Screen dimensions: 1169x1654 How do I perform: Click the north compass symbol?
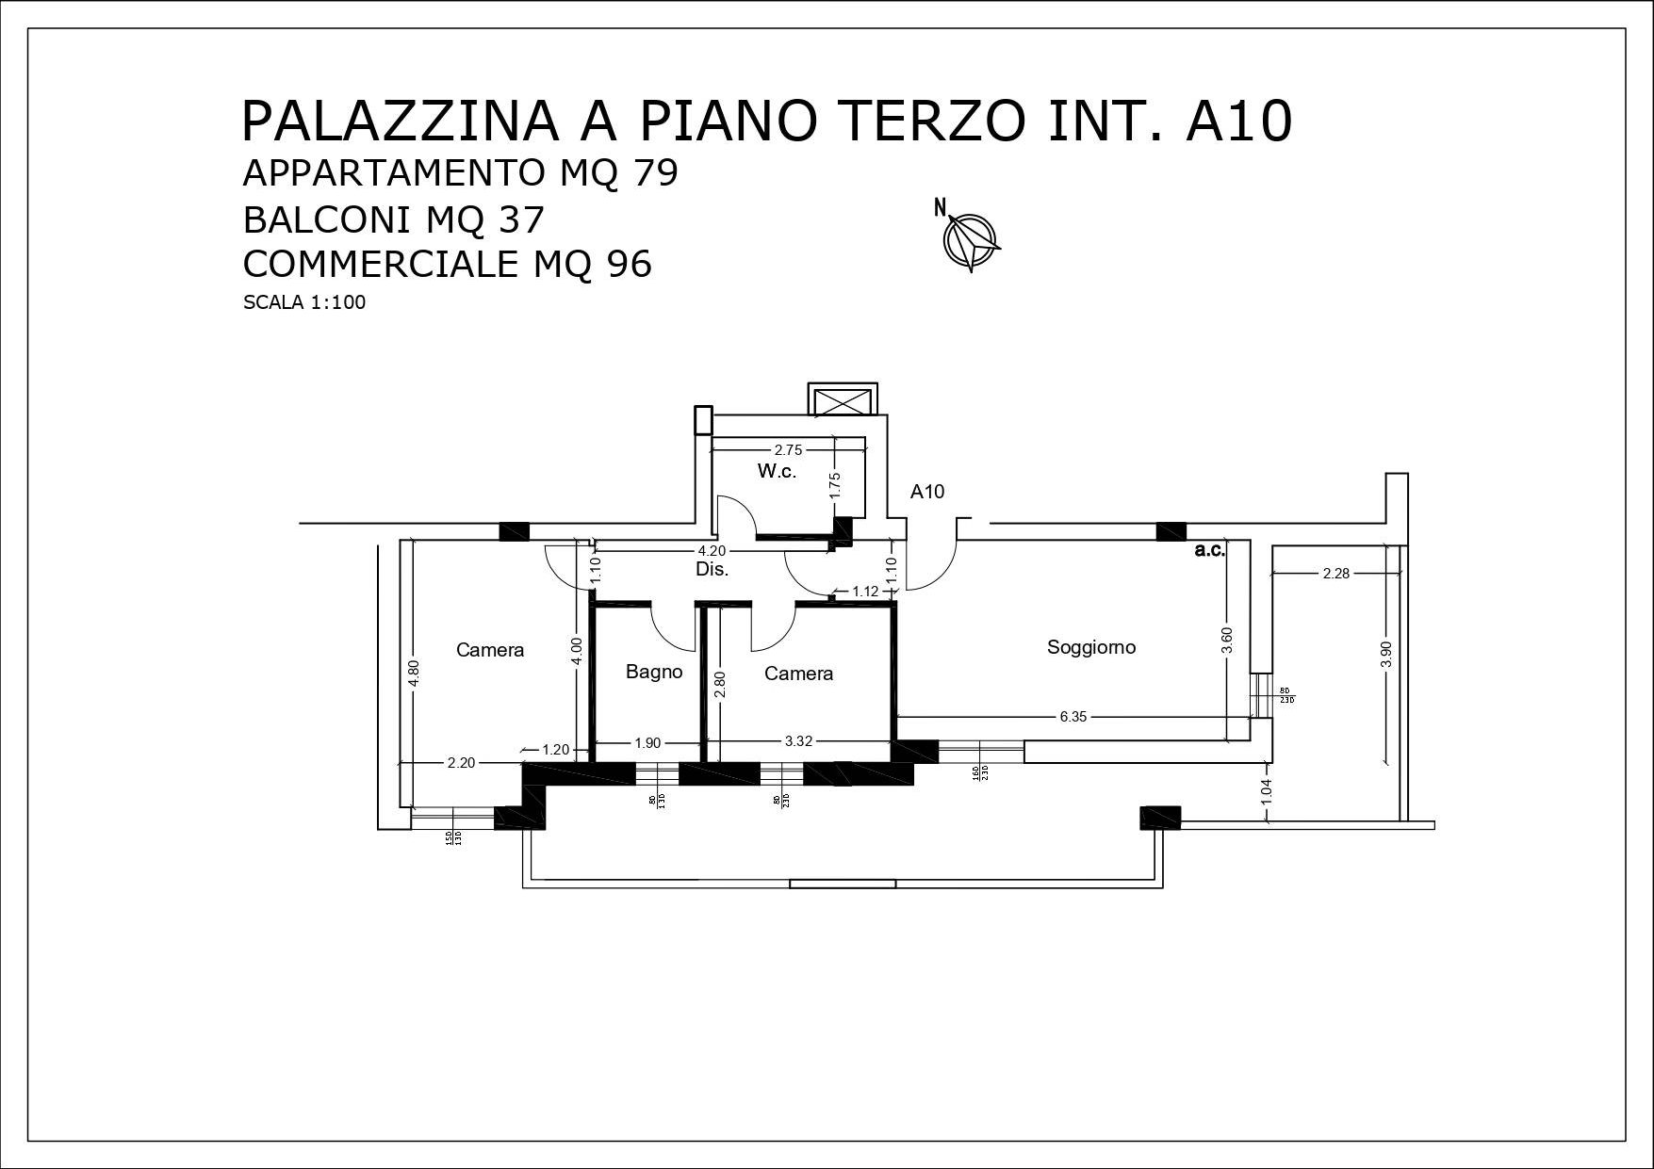(x=971, y=239)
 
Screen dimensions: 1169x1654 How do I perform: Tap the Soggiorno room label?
(x=1091, y=647)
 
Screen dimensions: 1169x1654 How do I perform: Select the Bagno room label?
(x=654, y=672)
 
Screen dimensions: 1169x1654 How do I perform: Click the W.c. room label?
(x=777, y=471)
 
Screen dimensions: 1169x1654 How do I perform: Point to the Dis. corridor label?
(x=712, y=570)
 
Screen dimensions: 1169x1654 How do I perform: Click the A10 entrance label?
(x=926, y=492)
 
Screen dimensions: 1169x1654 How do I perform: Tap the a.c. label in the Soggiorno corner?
(x=1209, y=551)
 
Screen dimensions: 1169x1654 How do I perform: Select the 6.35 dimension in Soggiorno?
(x=1073, y=717)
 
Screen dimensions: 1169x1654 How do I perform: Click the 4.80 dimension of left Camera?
(x=414, y=674)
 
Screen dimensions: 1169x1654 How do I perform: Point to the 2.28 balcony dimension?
(x=1335, y=573)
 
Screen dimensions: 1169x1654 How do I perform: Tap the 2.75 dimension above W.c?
(x=788, y=450)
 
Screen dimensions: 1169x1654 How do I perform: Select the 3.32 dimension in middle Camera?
(x=798, y=741)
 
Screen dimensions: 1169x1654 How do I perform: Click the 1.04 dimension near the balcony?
(x=1267, y=790)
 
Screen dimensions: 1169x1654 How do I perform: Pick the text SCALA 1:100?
(x=304, y=303)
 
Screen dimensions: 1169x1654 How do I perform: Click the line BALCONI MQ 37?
(x=394, y=219)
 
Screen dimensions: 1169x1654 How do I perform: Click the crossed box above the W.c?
(x=843, y=400)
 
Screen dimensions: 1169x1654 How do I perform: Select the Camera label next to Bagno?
(x=798, y=674)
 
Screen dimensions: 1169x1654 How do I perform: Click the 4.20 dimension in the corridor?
(x=711, y=551)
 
